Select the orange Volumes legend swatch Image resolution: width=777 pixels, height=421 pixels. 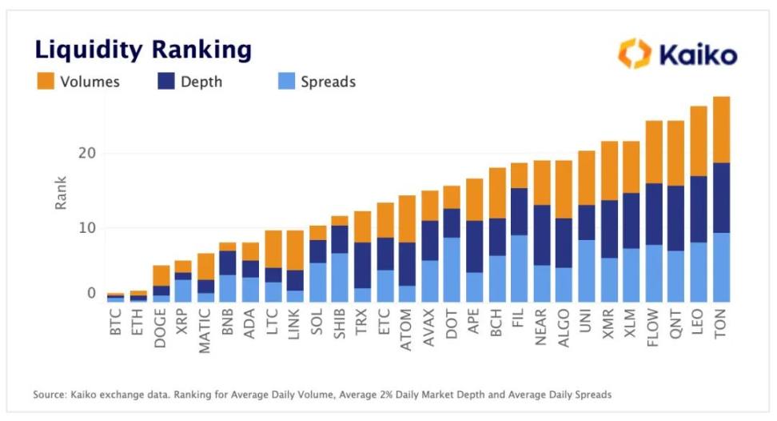pyautogui.click(x=45, y=82)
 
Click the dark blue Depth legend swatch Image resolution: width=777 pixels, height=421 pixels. pyautogui.click(x=168, y=82)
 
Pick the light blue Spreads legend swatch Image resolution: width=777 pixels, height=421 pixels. pyautogui.click(x=285, y=82)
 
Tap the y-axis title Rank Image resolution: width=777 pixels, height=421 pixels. pyautogui.click(x=62, y=193)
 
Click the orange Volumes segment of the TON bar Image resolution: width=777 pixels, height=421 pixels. pyautogui.click(x=722, y=130)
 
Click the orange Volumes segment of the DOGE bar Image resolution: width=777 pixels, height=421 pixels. pyautogui.click(x=161, y=275)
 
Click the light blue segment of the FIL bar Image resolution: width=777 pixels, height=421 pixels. pyautogui.click(x=519, y=267)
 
